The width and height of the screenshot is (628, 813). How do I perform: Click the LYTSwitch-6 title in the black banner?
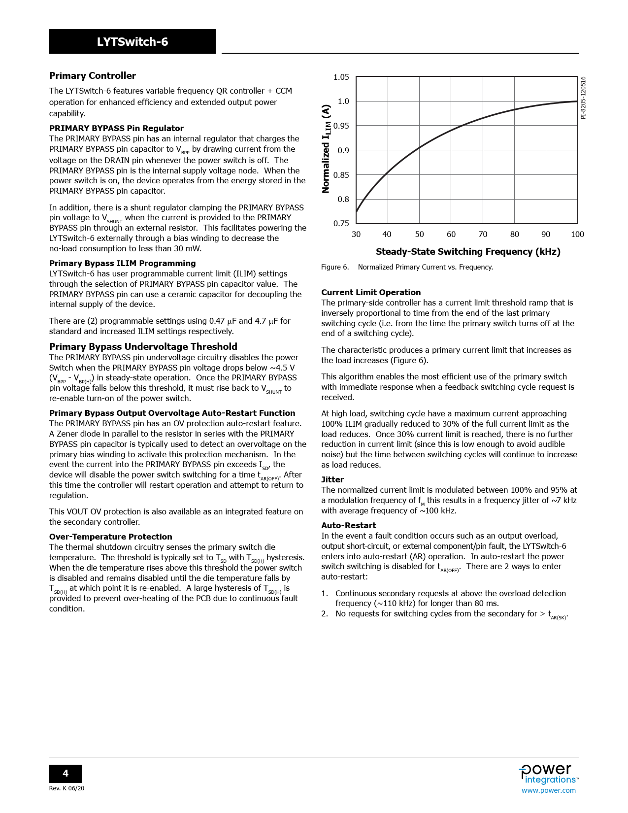pos(132,42)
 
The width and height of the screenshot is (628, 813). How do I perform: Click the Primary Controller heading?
pos(92,76)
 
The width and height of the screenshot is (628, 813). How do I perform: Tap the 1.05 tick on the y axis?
pos(341,77)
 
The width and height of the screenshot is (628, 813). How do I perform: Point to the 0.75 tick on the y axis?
pos(341,224)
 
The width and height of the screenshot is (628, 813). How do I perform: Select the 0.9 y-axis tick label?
pos(343,150)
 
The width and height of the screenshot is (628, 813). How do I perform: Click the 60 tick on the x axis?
pos(451,235)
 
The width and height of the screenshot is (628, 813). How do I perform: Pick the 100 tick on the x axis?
pos(577,235)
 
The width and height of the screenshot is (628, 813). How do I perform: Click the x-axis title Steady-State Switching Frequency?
pos(468,252)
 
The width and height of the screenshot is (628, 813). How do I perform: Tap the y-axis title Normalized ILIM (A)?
pos(326,149)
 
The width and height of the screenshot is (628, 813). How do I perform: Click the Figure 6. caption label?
pos(335,267)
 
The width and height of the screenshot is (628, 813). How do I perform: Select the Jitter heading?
pos(332,479)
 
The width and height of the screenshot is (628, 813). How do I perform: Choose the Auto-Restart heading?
pos(348,525)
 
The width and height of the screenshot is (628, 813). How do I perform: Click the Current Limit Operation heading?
pos(371,292)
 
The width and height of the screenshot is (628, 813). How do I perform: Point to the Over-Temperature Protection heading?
pos(110,537)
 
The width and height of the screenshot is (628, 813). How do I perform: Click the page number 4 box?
pos(65,774)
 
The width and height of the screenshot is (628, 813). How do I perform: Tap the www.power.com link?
pos(548,790)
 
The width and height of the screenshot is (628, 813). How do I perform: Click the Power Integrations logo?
pos(548,774)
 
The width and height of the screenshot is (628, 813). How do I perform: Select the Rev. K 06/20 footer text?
pos(66,788)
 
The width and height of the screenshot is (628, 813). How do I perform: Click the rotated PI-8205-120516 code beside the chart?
pos(583,98)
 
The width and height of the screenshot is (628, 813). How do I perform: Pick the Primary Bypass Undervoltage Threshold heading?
pos(143,346)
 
